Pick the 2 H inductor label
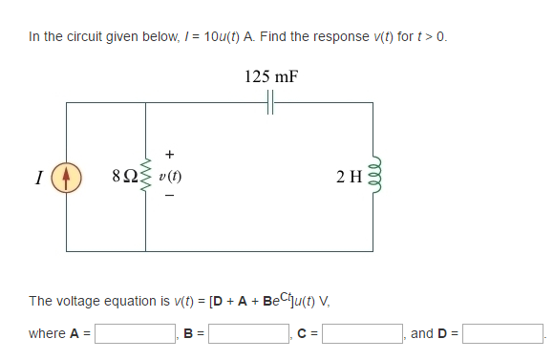[x=348, y=177]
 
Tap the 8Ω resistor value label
[x=124, y=177]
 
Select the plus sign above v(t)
[x=170, y=152]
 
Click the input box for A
[x=134, y=334]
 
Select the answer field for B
[x=250, y=334]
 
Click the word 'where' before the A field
[x=47, y=334]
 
